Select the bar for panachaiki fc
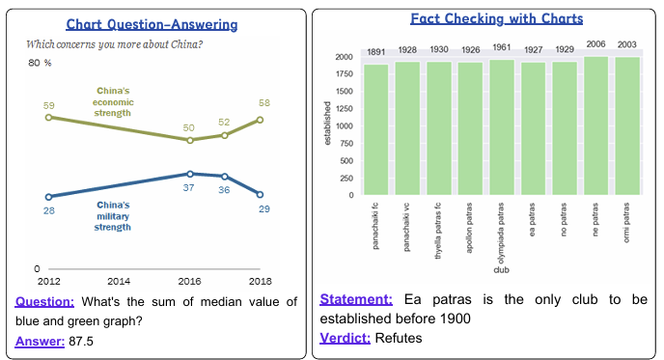click(376, 129)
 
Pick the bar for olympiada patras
click(501, 127)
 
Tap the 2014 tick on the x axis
click(119, 281)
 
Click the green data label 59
click(49, 104)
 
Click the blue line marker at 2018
click(260, 195)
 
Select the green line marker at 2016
click(190, 140)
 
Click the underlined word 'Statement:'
click(354, 300)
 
